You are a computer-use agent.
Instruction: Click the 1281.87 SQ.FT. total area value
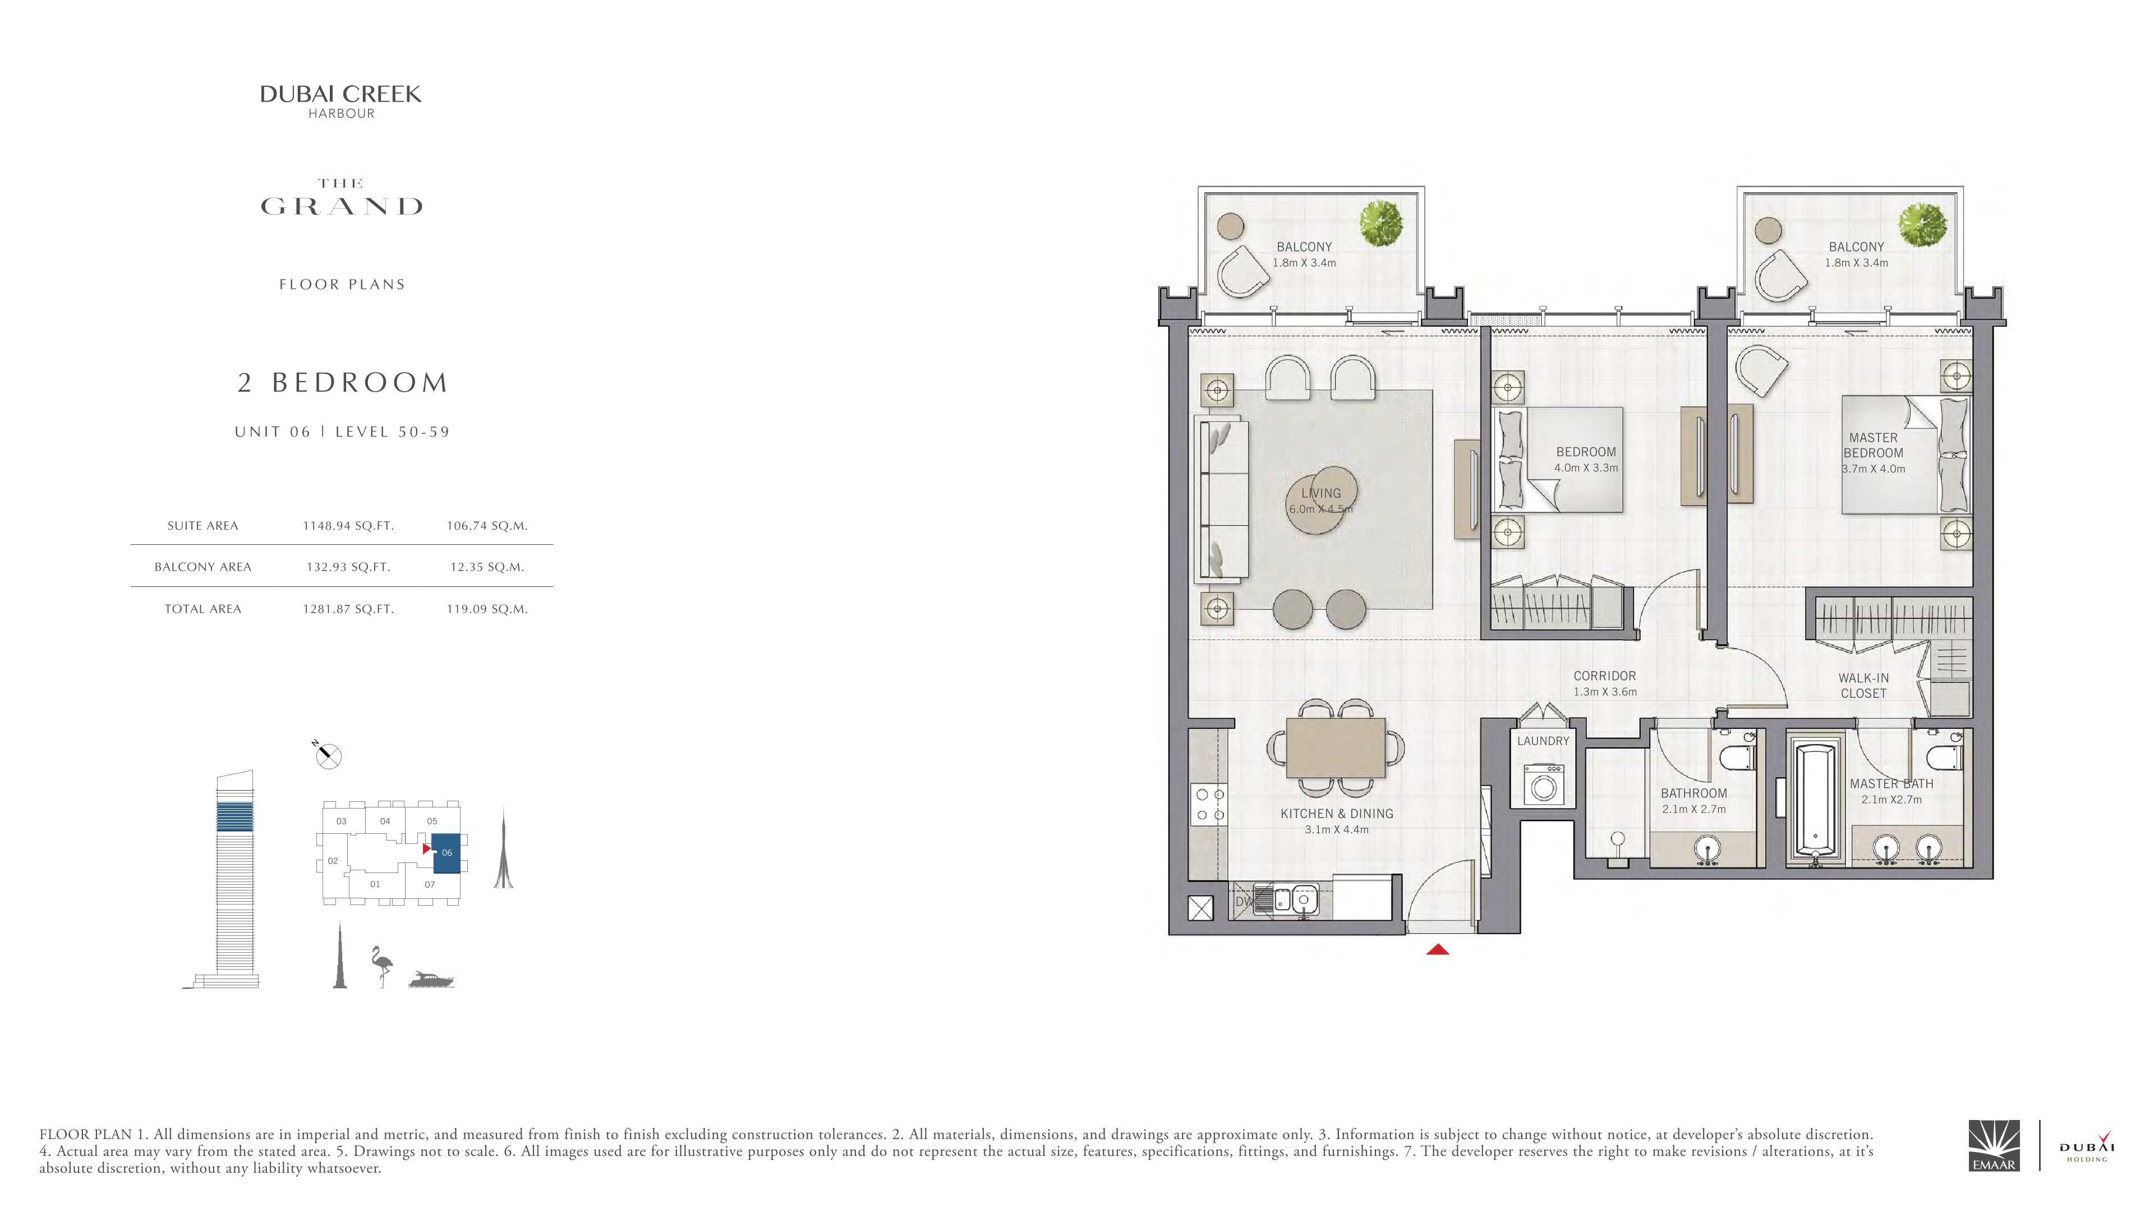348,609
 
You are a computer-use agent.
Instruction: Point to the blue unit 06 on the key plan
447,853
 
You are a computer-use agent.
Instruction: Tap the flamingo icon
382,967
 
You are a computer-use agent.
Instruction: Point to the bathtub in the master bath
1815,800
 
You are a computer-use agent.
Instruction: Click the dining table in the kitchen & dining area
1336,747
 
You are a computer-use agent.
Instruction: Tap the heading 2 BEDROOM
343,382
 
